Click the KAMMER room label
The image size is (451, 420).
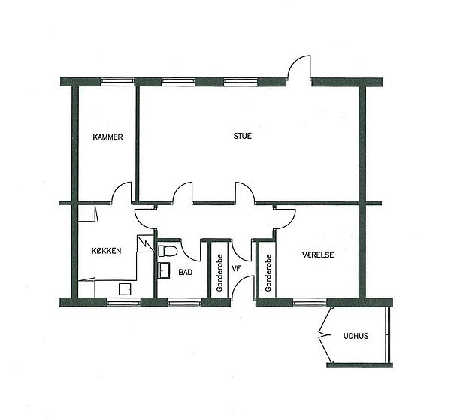[x=107, y=137]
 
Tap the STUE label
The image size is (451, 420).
[x=242, y=136]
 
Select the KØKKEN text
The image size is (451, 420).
[x=107, y=251]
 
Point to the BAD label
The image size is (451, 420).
[x=185, y=272]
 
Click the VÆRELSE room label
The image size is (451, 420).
[x=318, y=255]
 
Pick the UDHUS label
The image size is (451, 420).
[x=356, y=336]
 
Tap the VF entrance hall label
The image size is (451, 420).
[x=236, y=269]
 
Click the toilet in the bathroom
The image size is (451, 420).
[x=167, y=251]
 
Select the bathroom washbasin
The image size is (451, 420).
[x=164, y=270]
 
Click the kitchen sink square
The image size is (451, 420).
[x=125, y=289]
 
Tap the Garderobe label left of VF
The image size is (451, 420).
[x=219, y=273]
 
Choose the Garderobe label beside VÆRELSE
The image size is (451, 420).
[x=268, y=273]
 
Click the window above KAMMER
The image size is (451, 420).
[x=117, y=82]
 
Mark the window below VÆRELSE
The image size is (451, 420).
[x=310, y=302]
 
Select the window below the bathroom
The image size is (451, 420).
[x=185, y=302]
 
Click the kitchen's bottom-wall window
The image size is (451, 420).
[x=124, y=302]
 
